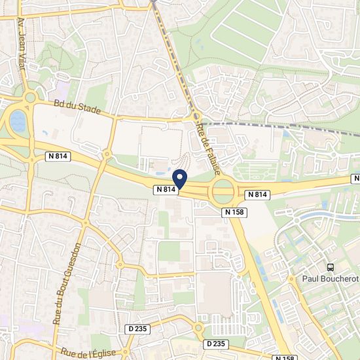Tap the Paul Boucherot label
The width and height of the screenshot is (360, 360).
click(x=331, y=278)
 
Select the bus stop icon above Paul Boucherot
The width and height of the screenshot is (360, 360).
click(x=331, y=267)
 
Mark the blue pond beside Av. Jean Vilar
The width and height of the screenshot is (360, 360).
click(x=18, y=121)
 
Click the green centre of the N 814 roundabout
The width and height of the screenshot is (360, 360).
click(x=223, y=191)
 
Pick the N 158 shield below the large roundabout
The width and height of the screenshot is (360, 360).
click(x=234, y=212)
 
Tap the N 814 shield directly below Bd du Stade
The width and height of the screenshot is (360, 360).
click(x=58, y=156)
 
